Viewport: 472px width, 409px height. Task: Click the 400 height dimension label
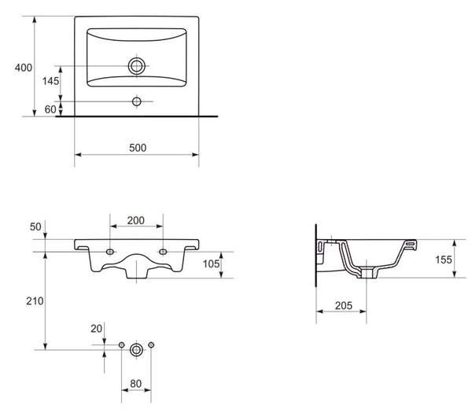coord(24,68)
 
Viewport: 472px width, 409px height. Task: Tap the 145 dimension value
coord(50,81)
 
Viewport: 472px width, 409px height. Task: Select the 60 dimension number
coord(50,109)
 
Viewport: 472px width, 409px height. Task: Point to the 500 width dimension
coord(138,148)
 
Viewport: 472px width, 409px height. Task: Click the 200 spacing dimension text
coord(136,220)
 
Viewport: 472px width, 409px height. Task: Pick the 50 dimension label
coord(35,227)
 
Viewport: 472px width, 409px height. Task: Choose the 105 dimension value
coord(211,264)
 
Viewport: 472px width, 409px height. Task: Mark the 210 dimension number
coord(35,301)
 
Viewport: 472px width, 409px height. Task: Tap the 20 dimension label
coord(96,329)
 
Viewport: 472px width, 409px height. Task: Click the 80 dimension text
coord(136,384)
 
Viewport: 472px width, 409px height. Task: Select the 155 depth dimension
coord(444,260)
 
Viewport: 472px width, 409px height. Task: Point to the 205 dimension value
coord(344,306)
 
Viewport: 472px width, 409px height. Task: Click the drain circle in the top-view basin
coord(137,66)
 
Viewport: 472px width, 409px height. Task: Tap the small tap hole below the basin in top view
coord(137,101)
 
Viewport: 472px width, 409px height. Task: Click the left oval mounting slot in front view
coord(110,252)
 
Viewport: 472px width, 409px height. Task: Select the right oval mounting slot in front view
coord(163,252)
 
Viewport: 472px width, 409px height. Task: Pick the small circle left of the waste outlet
coord(122,345)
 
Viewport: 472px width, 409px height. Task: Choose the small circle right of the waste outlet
coord(151,345)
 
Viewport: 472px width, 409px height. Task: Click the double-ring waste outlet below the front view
coord(136,350)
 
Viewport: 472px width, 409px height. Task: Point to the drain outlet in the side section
coord(367,273)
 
